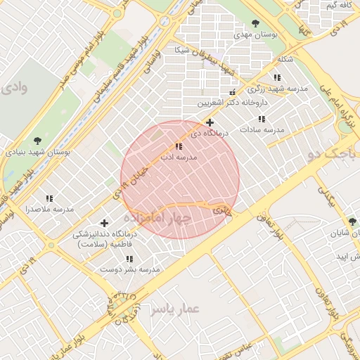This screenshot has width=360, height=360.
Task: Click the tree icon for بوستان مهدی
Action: pyautogui.click(x=255, y=23)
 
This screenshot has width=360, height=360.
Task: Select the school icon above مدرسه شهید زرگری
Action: pyautogui.click(x=277, y=77)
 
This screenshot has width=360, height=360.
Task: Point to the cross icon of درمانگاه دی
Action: pyautogui.click(x=210, y=122)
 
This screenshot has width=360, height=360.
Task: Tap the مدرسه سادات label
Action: pyautogui.click(x=262, y=130)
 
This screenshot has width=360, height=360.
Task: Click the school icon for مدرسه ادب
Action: pyautogui.click(x=179, y=147)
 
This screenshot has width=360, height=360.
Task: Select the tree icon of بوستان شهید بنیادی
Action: pyautogui.click(x=36, y=141)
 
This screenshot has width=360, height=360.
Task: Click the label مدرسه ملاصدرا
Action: pyautogui.click(x=50, y=210)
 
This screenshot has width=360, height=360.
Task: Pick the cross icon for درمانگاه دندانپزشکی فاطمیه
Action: pyautogui.click(x=105, y=223)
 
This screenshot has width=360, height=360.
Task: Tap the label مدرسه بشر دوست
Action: pyautogui.click(x=129, y=269)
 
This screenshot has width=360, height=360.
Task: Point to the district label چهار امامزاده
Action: pyautogui.click(x=158, y=218)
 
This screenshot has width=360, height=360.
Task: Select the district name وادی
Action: pyautogui.click(x=13, y=89)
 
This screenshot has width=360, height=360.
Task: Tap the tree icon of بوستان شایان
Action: pyautogui.click(x=352, y=222)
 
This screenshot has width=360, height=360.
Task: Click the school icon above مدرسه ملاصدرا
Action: pyautogui.click(x=49, y=199)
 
